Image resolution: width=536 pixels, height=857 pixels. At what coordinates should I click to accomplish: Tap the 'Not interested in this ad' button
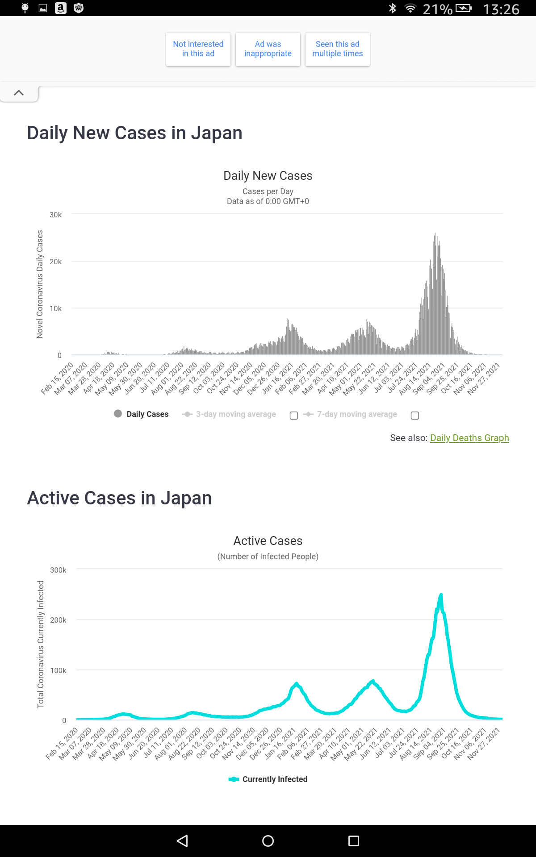coord(198,49)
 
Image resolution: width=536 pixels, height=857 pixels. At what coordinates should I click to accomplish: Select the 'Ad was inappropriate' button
coord(268,49)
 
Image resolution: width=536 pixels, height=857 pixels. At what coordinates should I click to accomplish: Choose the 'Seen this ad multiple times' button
coord(338,49)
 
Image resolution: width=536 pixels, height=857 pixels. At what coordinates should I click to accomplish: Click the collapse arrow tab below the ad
coord(19,93)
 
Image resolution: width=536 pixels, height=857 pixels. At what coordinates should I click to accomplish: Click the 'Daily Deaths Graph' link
coord(469,438)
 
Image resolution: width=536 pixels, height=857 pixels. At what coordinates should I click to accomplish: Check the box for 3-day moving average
coord(293,416)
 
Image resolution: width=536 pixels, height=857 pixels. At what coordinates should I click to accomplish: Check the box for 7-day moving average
coord(415,416)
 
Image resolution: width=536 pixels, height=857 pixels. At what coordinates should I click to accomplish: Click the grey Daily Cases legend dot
coord(118,414)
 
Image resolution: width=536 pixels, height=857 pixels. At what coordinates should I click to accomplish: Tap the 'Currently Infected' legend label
coord(275,779)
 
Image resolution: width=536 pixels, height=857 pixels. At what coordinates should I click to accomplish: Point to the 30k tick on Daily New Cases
coord(56,215)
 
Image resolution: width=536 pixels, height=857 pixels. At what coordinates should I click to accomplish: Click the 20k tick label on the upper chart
coord(56,262)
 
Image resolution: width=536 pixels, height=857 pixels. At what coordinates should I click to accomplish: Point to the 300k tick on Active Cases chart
coord(58,570)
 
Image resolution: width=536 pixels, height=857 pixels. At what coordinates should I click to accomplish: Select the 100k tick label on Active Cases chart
coord(58,670)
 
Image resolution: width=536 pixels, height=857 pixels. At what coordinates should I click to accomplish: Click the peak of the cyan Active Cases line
coord(441,595)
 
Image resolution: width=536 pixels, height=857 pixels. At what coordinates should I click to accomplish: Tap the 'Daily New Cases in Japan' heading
coord(134,133)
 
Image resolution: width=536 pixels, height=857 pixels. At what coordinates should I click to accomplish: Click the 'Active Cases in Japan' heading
coord(119,498)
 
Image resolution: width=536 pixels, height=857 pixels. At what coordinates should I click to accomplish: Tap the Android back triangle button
coord(182,841)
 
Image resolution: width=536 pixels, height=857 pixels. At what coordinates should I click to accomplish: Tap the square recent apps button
coord(354,841)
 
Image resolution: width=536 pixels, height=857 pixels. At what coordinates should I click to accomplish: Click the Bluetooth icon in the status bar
coord(392,8)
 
